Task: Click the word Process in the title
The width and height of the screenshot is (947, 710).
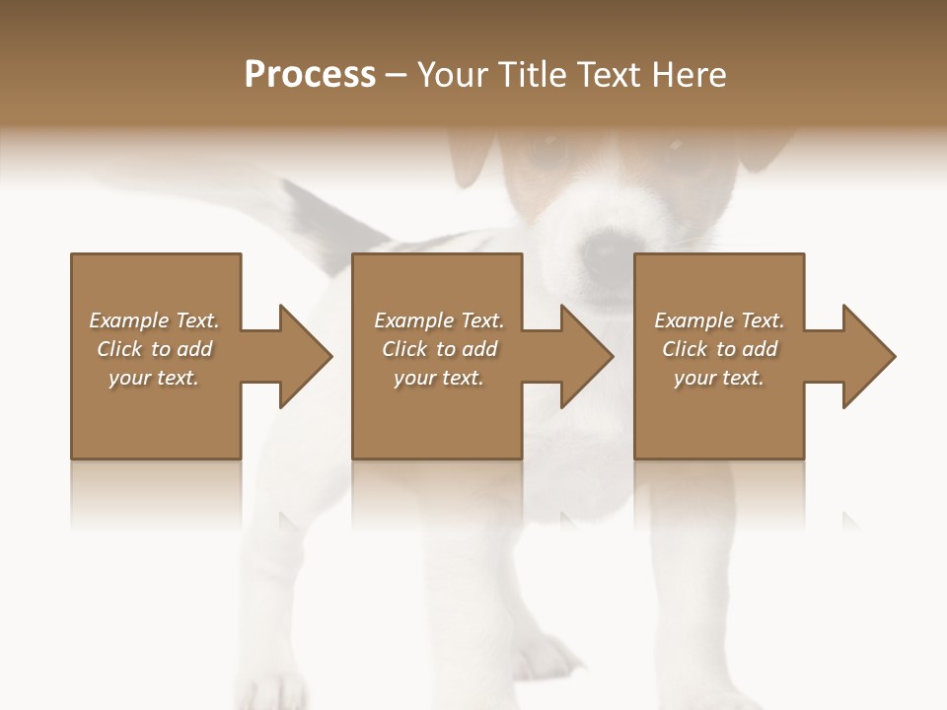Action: coord(310,75)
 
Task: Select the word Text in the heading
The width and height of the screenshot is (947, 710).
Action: coord(610,75)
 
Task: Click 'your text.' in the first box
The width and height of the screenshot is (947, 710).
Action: coord(154,378)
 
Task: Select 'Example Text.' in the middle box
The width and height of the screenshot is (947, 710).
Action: coord(439,320)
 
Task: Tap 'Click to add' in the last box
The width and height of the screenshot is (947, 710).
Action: coord(719,349)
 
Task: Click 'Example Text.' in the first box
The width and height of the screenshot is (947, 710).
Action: coord(154,320)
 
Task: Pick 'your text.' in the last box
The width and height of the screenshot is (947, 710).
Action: coord(719,378)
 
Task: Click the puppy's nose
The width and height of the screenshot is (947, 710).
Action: coord(602,251)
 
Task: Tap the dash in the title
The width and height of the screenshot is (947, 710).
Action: coord(397,75)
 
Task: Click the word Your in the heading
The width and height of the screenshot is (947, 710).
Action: coord(449,75)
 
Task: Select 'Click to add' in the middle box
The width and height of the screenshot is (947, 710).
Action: coord(439,349)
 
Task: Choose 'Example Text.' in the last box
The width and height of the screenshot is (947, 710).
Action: coord(719,320)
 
